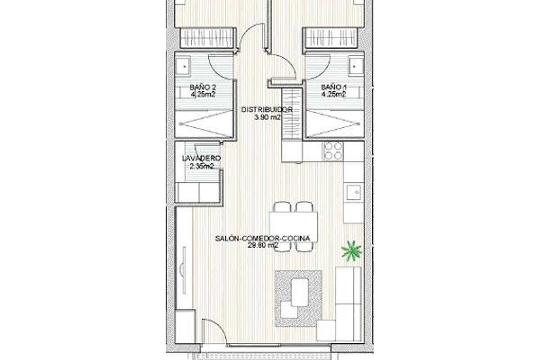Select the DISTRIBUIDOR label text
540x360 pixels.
pos(267,109)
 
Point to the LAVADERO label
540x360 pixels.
pos(201,158)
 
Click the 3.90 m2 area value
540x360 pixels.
pos(267,117)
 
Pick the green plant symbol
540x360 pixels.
pos(351,251)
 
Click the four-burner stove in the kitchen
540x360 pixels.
pos(333,151)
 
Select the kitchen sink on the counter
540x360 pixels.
pos(354,193)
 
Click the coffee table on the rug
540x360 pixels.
pos(300,292)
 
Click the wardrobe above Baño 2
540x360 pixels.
pos(207,38)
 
